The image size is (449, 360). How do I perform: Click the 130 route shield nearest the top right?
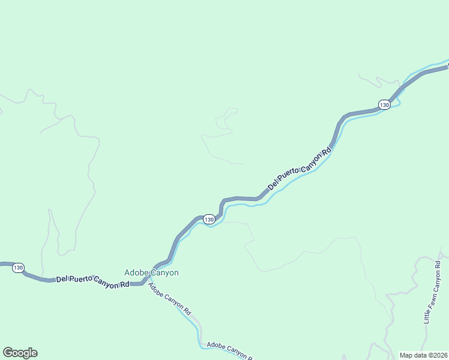[x=385, y=105]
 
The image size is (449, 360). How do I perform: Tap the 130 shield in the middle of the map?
[x=208, y=220]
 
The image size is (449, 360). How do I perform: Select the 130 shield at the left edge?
[x=19, y=268]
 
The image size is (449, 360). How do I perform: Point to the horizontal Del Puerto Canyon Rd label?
[x=93, y=280]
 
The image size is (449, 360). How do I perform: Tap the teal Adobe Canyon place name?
[x=151, y=272]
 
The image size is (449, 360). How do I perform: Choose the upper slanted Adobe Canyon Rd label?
[x=170, y=299]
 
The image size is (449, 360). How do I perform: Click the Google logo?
[x=20, y=353]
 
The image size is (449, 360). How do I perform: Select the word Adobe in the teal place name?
[x=136, y=272]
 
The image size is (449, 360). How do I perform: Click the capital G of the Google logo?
[x=7, y=353]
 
